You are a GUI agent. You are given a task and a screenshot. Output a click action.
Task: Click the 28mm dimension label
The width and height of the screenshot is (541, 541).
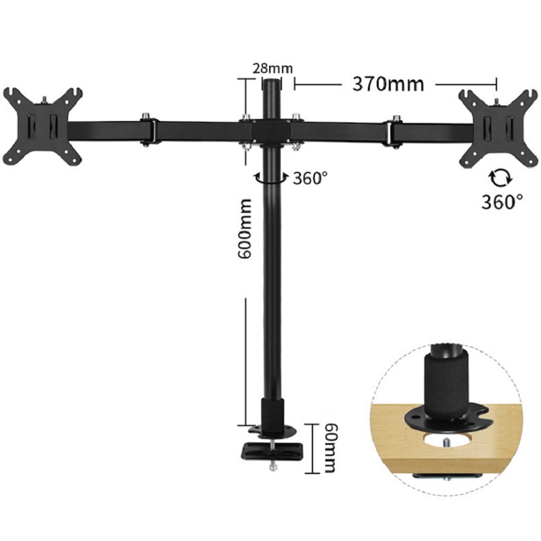point(269,68)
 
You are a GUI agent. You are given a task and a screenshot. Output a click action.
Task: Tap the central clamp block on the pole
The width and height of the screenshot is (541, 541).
point(270,128)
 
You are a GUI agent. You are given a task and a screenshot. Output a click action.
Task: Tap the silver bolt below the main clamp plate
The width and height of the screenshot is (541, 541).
point(273,465)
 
